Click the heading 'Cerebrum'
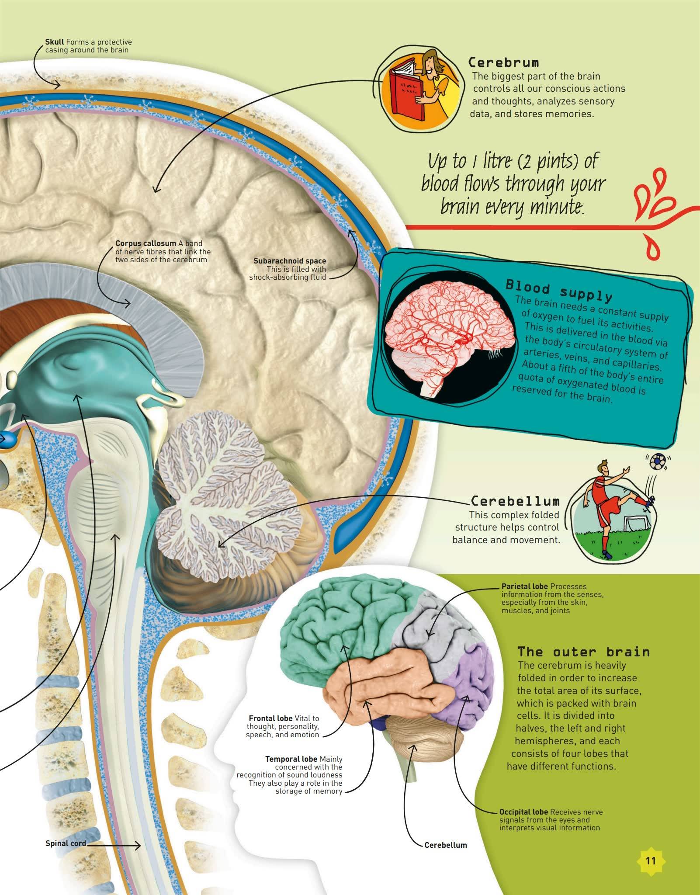(503, 62)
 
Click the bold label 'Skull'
(55, 42)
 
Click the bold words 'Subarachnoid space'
(290, 261)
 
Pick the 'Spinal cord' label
(66, 843)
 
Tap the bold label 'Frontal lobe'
(270, 718)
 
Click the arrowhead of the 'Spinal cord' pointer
(139, 846)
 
